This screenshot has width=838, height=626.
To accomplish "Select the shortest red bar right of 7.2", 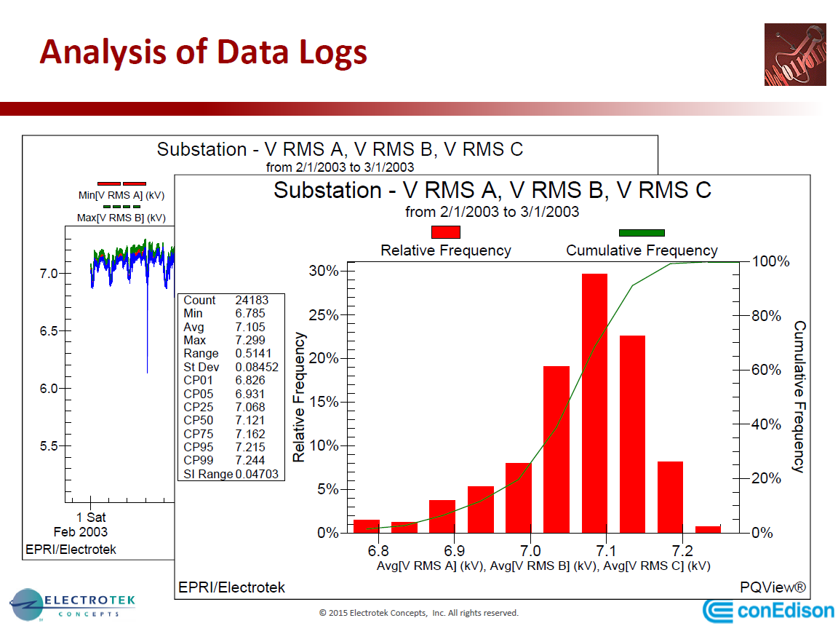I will [708, 529].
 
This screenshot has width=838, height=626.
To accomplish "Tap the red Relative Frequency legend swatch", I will [446, 232].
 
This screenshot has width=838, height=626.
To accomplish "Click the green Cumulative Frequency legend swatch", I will [641, 233].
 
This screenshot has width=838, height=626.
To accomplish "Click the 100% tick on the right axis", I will [770, 261].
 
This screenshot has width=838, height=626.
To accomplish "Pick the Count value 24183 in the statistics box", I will [251, 300].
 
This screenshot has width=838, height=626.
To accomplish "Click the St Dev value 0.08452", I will [257, 367].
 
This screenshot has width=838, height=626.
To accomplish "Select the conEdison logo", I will [768, 609].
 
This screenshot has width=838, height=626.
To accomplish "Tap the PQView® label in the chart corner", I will [773, 587].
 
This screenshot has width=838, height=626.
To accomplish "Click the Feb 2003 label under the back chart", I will [80, 531].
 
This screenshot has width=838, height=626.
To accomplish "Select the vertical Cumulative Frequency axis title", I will [799, 397].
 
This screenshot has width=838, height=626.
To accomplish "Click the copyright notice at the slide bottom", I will [418, 613].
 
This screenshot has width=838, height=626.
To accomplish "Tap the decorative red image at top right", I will [795, 54].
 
